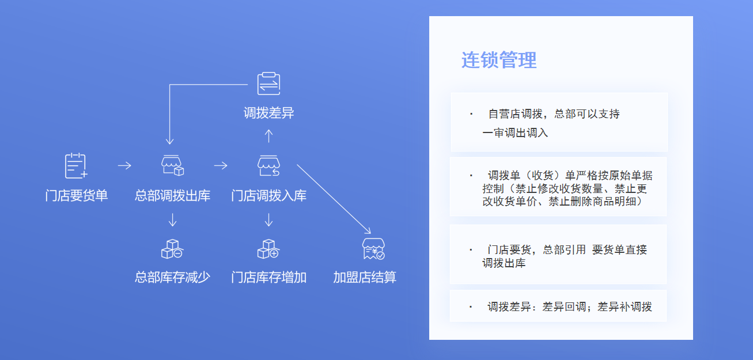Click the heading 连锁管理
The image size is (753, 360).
click(499, 60)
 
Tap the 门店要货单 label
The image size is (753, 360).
click(76, 195)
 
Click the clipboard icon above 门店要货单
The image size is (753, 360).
click(76, 166)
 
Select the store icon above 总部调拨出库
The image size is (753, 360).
click(172, 165)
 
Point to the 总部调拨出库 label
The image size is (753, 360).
click(172, 195)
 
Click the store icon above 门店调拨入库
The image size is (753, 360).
click(268, 165)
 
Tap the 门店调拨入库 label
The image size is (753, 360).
click(268, 195)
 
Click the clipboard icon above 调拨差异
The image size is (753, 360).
click(268, 84)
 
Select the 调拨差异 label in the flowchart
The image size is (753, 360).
click(268, 113)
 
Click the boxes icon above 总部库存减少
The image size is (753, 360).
click(172, 249)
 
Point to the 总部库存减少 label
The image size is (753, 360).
click(172, 277)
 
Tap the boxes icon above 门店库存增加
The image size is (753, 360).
click(268, 249)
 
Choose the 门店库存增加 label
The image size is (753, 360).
click(268, 277)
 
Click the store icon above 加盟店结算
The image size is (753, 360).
click(373, 249)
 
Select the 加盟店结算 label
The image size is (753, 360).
click(365, 277)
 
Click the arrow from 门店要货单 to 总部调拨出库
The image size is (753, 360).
click(124, 165)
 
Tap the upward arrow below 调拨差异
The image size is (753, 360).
click(268, 136)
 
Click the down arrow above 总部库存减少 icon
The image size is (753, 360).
click(172, 220)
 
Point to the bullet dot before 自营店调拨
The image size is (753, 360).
click(471, 114)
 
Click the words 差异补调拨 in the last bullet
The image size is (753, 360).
click(625, 306)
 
